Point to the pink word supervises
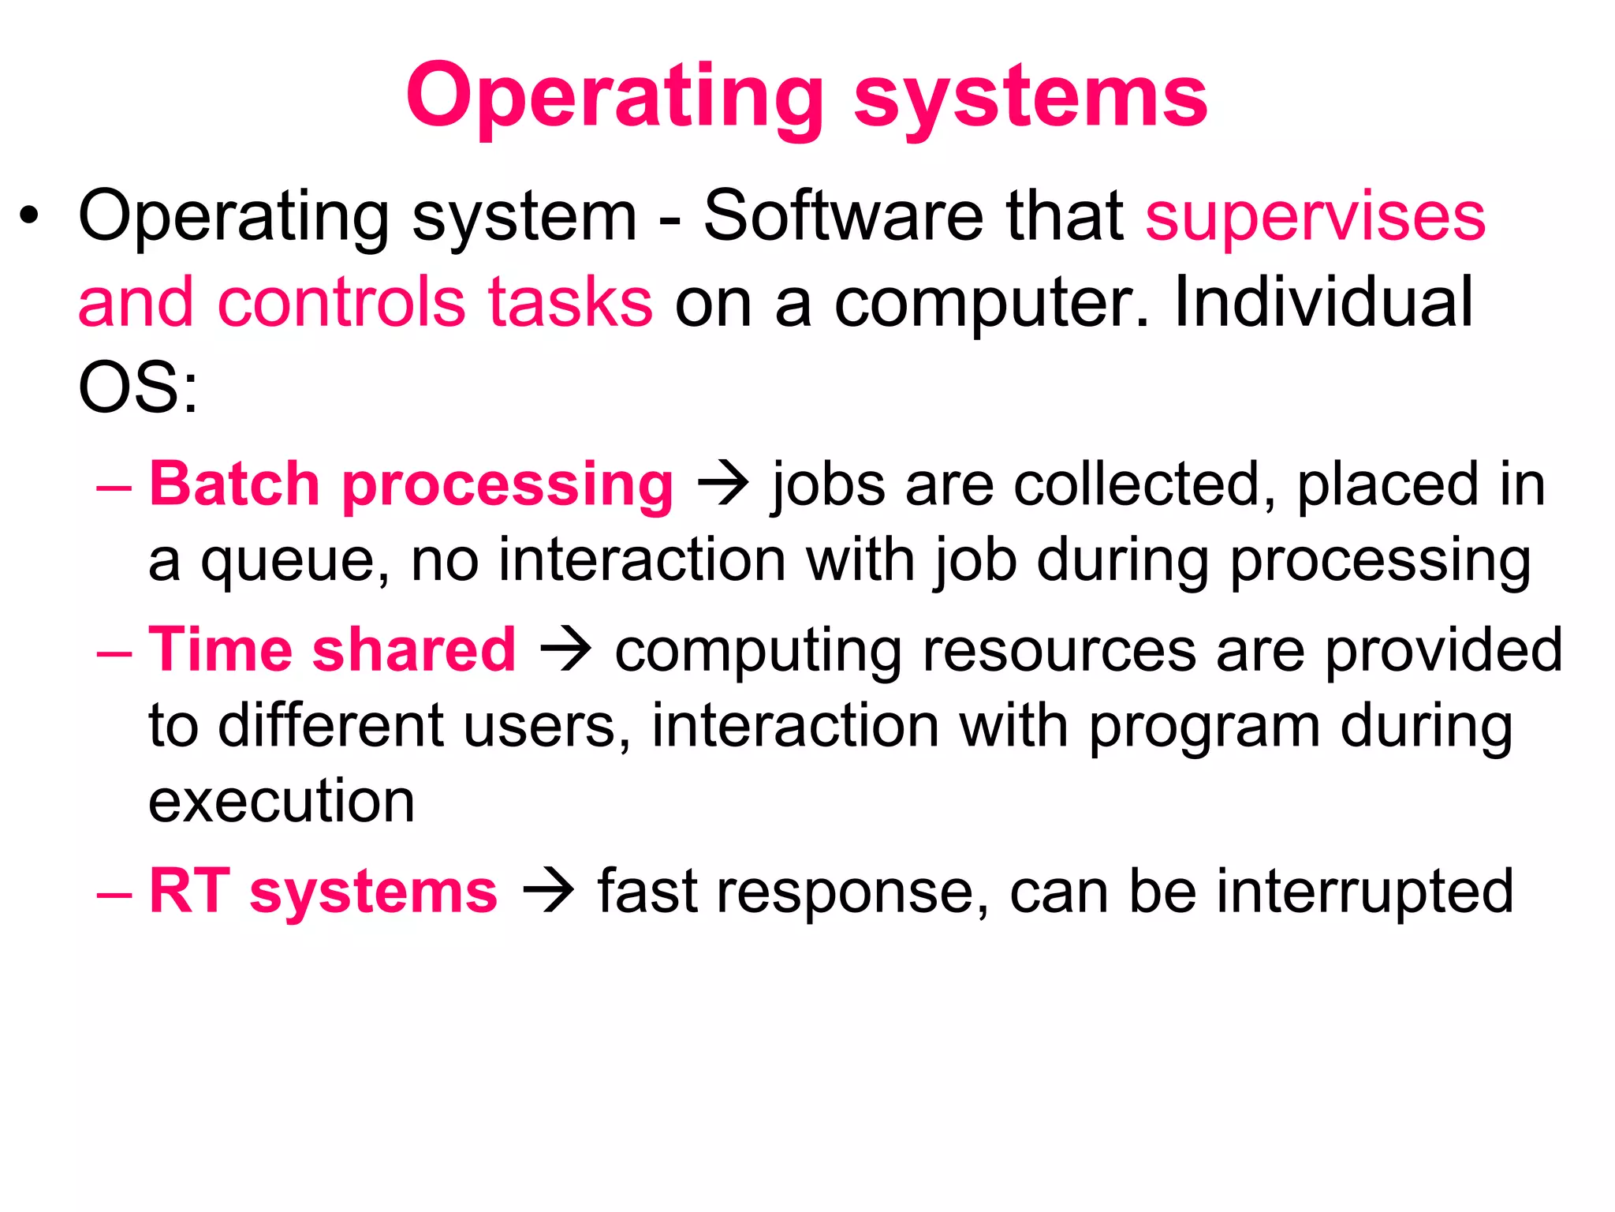coord(1315,217)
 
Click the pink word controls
coord(341,302)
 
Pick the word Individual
coord(1323,302)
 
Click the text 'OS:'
coord(138,387)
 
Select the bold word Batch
coord(234,484)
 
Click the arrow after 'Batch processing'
coord(722,484)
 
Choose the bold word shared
coord(414,649)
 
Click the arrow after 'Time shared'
coord(565,649)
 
